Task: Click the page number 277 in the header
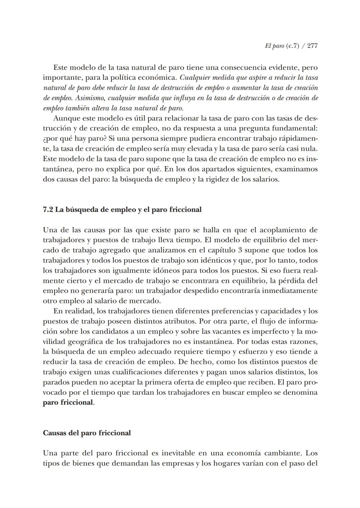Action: [x=312, y=46]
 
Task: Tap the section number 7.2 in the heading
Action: [x=48, y=210]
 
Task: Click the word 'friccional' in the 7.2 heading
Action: [x=185, y=210]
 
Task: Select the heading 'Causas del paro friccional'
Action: [x=87, y=433]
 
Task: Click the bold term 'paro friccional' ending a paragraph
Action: [x=68, y=403]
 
